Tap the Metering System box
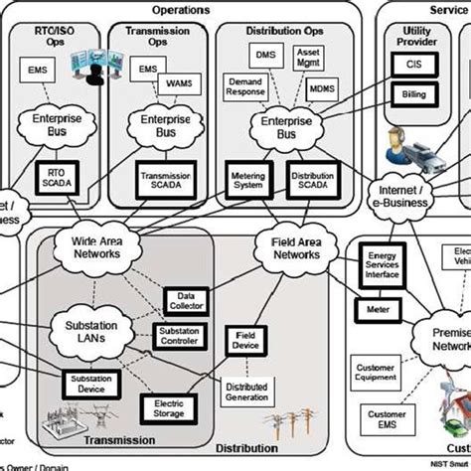250,176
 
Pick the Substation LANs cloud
86,327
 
